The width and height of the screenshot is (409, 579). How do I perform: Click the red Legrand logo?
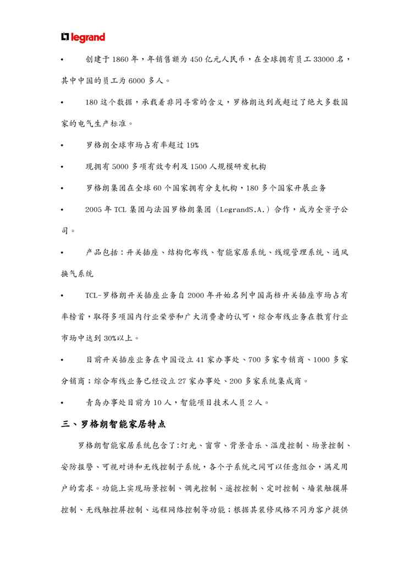(x=82, y=37)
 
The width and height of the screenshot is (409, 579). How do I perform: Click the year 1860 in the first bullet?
(x=120, y=59)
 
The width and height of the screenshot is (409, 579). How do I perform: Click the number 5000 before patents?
(x=121, y=167)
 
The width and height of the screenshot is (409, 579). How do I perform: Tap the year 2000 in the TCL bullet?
(x=196, y=296)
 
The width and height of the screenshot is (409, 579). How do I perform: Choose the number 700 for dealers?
(x=257, y=359)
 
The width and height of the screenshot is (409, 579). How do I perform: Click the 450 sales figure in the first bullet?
(x=196, y=59)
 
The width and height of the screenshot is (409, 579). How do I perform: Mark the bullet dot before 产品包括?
(x=63, y=253)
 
